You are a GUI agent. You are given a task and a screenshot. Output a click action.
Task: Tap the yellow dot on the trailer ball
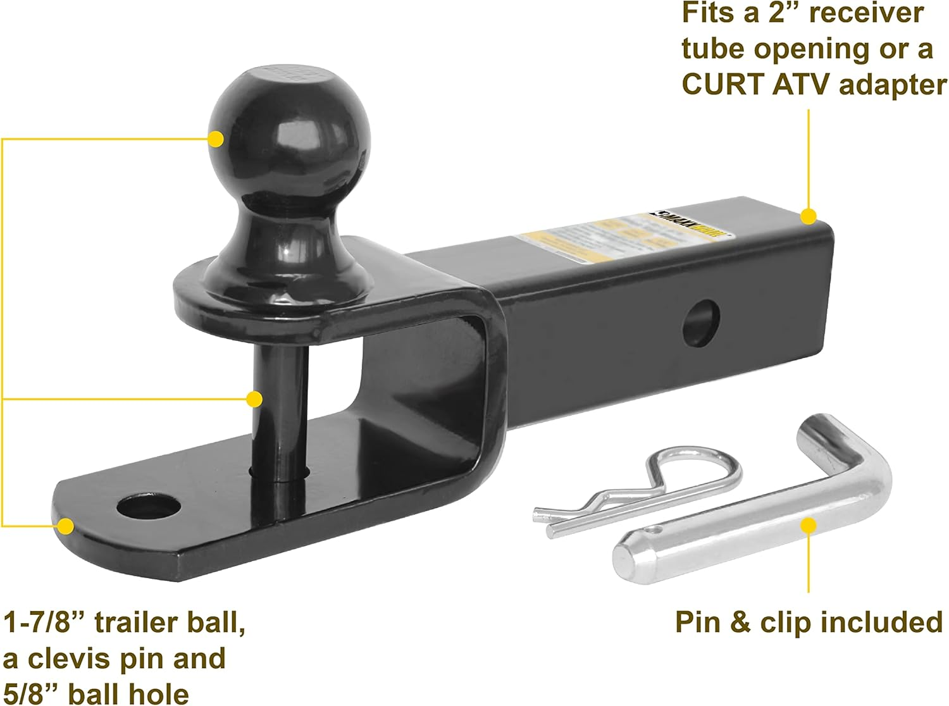point(216,139)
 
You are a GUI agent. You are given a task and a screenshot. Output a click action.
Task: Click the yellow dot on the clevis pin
point(254,399)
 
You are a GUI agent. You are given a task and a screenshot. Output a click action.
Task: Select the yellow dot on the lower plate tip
point(65,526)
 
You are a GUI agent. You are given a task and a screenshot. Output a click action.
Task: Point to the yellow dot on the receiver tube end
point(808,217)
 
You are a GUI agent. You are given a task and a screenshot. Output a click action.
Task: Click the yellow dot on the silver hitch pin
point(808,526)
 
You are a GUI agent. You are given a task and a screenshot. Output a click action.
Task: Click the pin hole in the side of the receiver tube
point(702,322)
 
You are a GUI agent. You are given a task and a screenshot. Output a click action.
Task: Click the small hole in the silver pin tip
point(655,529)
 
